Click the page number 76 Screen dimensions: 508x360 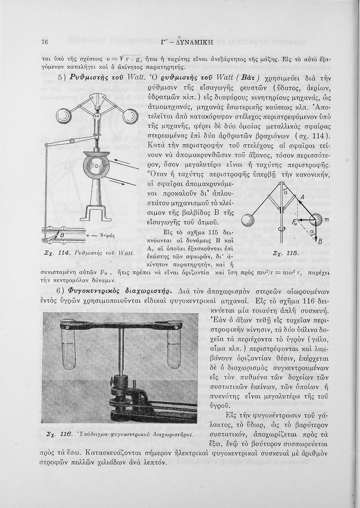pos(44,42)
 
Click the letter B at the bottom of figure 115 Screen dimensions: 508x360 pos(319,241)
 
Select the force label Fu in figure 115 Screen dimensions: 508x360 pos(295,222)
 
